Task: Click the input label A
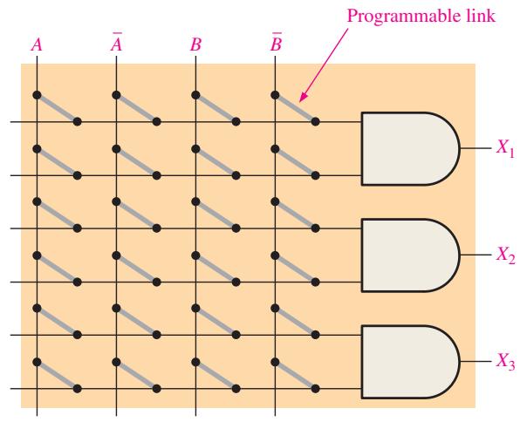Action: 37,44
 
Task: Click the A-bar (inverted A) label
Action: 116,43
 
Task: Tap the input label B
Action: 195,44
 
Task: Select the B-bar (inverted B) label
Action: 276,43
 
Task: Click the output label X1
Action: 505,146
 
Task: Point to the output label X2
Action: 505,255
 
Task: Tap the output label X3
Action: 505,361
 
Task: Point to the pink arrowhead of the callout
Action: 303,97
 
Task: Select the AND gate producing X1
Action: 411,148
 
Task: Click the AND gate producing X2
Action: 411,255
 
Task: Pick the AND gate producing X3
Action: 411,362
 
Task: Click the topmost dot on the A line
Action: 37,95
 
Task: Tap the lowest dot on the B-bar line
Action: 275,362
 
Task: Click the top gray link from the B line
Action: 216,108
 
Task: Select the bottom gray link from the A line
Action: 57,375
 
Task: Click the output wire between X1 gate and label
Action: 476,148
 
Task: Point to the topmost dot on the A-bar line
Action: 116,95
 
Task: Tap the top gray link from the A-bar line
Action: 137,108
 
